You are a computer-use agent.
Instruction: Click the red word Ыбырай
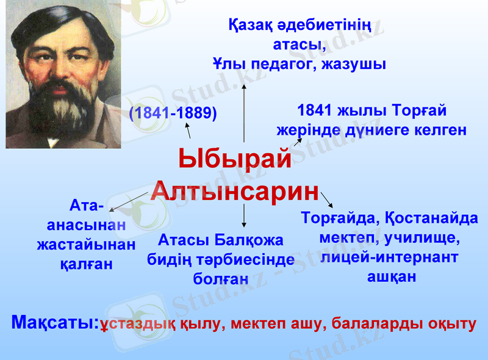tap(235, 160)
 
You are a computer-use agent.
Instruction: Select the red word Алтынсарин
tap(235, 192)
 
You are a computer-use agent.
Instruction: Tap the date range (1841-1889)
tap(173, 113)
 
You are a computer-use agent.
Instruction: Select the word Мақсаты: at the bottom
tap(56, 323)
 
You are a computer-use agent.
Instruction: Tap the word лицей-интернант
tap(389, 257)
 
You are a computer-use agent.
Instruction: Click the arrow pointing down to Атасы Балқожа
tap(244, 216)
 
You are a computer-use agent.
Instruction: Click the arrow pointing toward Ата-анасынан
tap(128, 201)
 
